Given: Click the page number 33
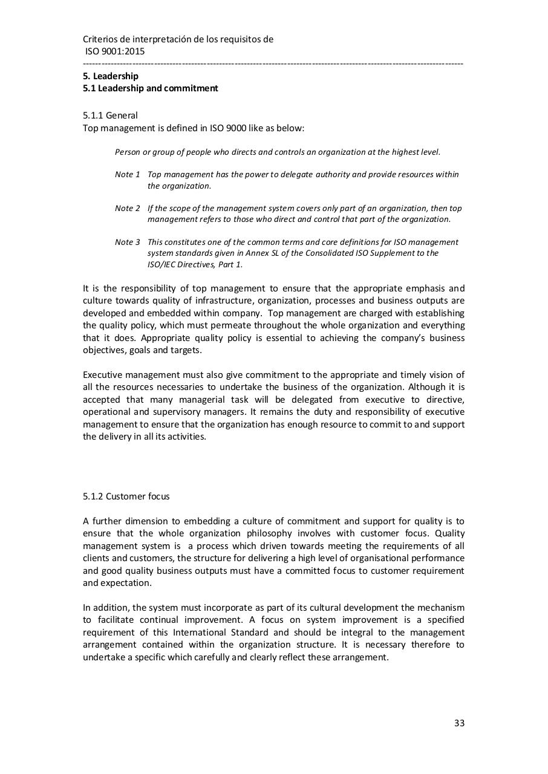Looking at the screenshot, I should click(x=459, y=723).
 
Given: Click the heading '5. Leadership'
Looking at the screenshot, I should click(x=111, y=76).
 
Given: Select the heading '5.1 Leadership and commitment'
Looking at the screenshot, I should click(x=150, y=88).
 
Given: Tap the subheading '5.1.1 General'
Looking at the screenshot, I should click(x=110, y=115).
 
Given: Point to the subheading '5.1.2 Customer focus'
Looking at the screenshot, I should click(x=126, y=496).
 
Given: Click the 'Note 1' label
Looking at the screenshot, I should click(x=127, y=175).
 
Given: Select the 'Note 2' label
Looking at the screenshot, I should click(x=127, y=209).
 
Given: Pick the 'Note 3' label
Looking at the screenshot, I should click(x=127, y=242).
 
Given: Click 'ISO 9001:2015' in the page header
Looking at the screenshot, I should click(x=114, y=51).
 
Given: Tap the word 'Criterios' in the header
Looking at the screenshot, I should click(x=100, y=39).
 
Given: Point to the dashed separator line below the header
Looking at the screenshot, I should click(x=273, y=63).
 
